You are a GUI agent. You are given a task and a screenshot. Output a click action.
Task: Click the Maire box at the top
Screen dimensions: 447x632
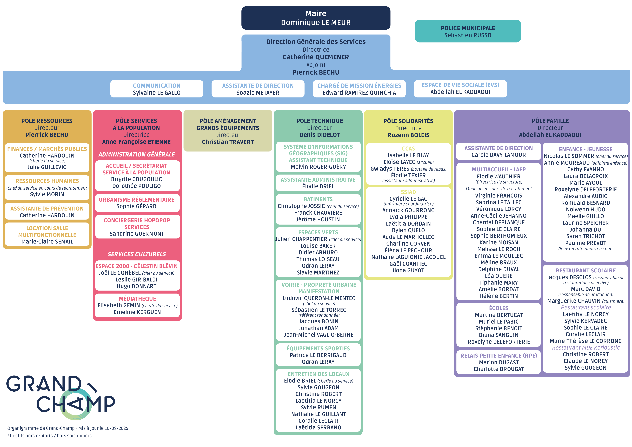(316, 18)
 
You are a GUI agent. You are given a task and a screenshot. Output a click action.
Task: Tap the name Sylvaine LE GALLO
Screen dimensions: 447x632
(157, 93)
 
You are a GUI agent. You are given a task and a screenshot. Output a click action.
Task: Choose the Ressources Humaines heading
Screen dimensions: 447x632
(47, 181)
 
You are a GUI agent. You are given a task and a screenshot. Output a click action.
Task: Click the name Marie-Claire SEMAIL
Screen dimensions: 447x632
(47, 242)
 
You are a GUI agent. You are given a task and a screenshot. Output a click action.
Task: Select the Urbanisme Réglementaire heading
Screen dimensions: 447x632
(137, 200)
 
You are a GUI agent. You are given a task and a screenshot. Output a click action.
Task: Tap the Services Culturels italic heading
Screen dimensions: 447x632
(137, 254)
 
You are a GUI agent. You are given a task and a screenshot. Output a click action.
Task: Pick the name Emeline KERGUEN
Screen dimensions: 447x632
(137, 312)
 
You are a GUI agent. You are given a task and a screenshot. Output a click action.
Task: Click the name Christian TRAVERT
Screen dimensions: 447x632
(228, 142)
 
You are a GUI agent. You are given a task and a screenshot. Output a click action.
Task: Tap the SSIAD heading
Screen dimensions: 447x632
(408, 192)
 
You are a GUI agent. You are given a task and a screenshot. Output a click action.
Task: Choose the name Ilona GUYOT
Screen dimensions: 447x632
(408, 271)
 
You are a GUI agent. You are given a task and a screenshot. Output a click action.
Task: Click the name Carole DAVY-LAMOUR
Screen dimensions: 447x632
(498, 155)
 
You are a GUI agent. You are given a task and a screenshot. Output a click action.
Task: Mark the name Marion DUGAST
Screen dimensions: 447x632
(498, 363)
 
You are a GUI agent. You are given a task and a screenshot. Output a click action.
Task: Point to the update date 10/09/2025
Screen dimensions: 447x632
(116, 428)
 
